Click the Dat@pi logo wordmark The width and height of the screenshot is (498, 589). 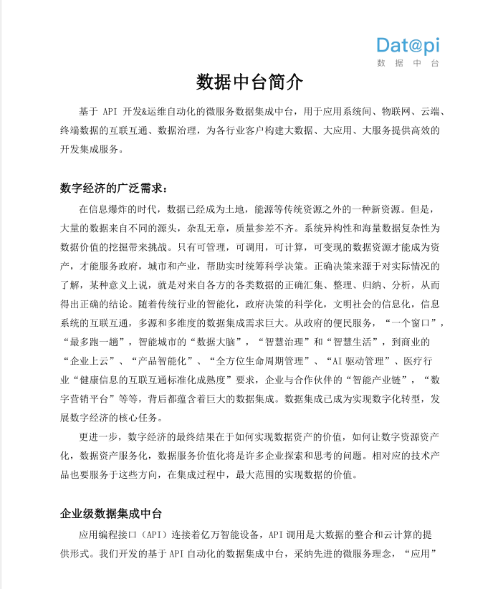point(408,46)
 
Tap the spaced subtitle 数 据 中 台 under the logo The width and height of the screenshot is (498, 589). point(408,64)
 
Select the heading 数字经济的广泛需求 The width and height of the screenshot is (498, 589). point(112,188)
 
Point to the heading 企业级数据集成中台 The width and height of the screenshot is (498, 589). point(111,514)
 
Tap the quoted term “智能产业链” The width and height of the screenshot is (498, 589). point(375,379)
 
